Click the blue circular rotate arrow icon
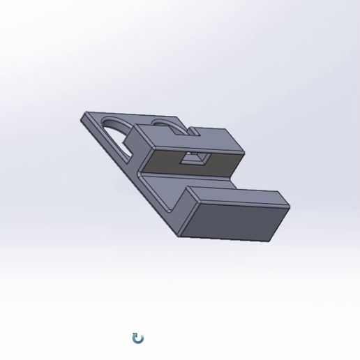point(138,338)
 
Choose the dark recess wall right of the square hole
point(220,165)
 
